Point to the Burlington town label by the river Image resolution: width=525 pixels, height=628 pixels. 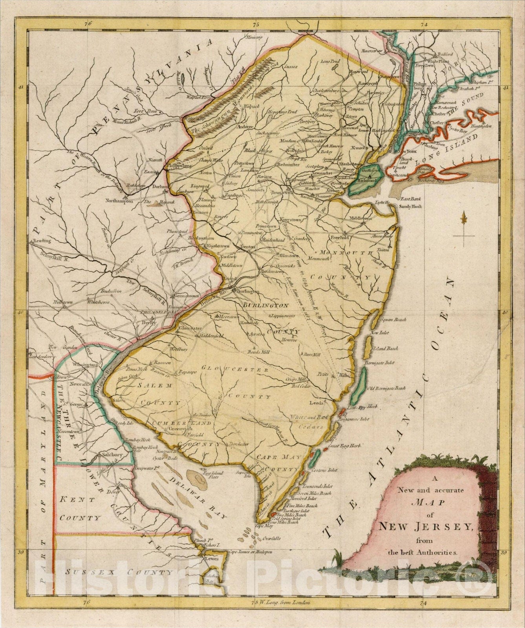[247, 292]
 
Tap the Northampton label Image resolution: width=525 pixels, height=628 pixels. [117, 201]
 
